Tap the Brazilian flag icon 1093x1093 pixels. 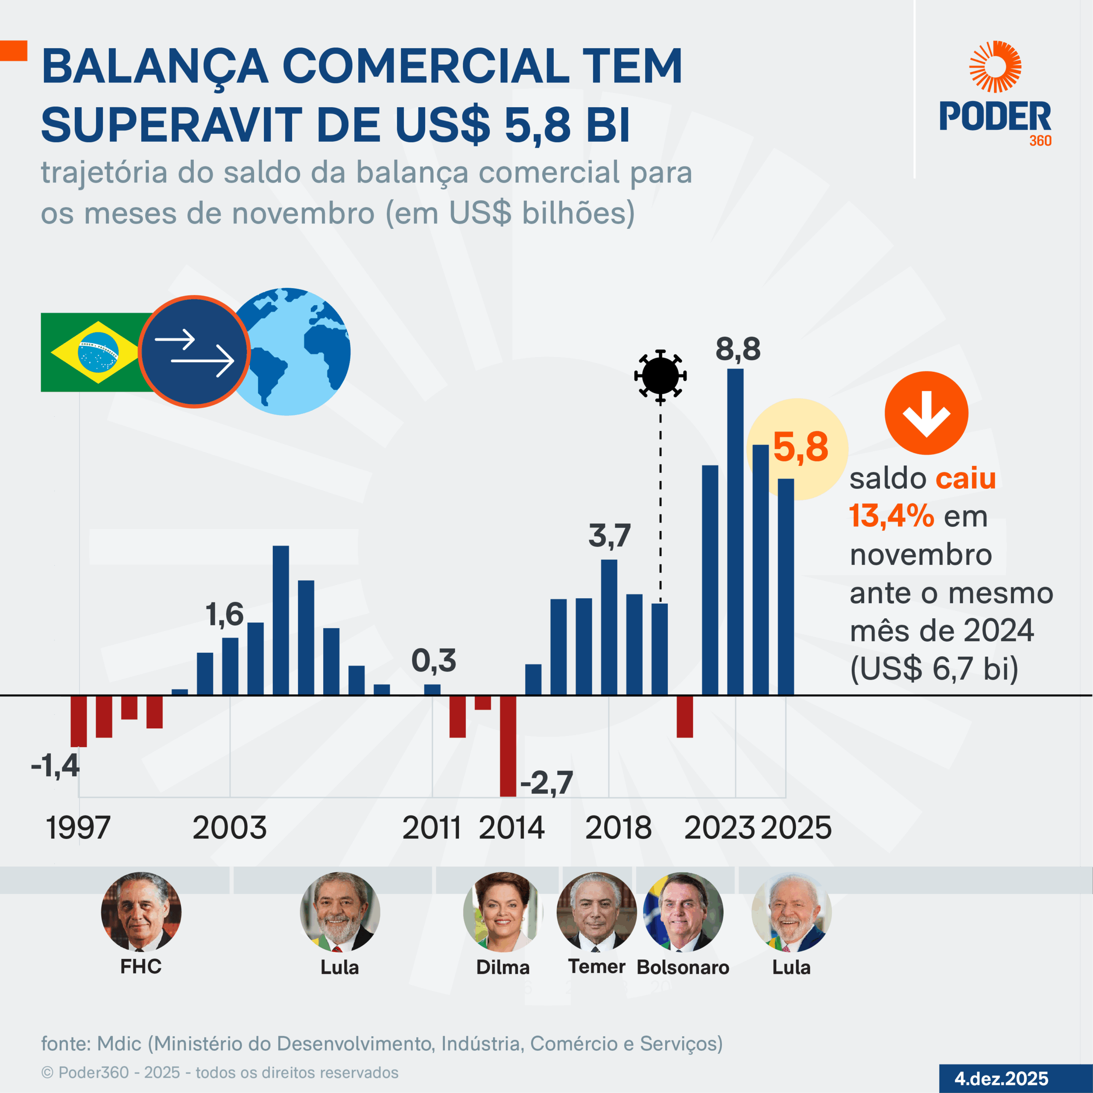pos(91,352)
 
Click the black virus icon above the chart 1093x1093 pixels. pos(660,376)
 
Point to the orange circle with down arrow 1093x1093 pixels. pos(926,413)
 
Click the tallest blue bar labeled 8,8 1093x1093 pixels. pos(735,532)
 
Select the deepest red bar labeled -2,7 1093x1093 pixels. pos(508,745)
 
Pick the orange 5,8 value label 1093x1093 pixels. pos(801,447)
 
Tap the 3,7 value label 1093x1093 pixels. pos(609,535)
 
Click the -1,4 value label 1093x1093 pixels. pos(55,766)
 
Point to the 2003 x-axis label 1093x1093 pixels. pos(229,828)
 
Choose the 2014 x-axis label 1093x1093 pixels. pos(511,828)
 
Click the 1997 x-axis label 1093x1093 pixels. pos(78,828)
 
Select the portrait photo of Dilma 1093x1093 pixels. pos(503,912)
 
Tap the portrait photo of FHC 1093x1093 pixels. pos(141,912)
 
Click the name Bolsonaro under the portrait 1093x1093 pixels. pos(683,967)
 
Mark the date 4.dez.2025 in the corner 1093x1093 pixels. pos(1001,1078)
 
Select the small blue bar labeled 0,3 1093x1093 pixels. pos(432,690)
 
